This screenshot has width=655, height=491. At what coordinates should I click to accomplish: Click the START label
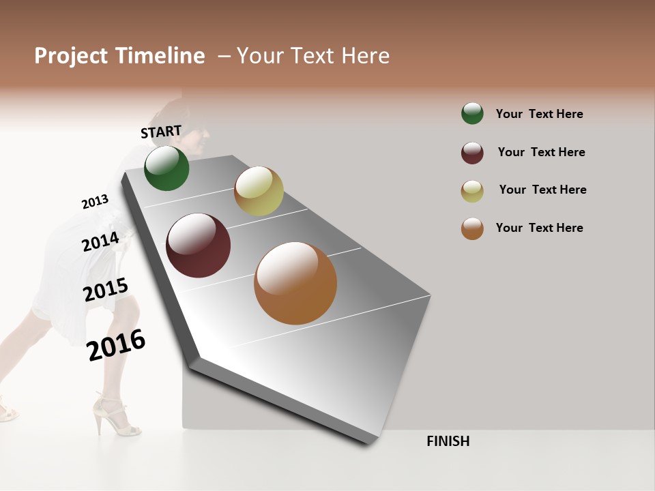(161, 132)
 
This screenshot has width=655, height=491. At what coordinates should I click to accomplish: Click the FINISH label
(448, 441)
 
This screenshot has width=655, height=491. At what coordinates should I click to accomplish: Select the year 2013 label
(95, 202)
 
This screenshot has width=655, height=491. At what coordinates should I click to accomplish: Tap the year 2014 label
(100, 241)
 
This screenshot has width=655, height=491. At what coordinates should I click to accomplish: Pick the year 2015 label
(106, 290)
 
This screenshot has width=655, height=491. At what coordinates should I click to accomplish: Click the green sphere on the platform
(166, 168)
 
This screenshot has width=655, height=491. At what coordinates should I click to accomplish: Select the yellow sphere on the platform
(259, 191)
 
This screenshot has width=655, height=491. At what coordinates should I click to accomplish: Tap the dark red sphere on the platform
(198, 245)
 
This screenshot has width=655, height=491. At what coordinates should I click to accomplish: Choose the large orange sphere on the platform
(295, 283)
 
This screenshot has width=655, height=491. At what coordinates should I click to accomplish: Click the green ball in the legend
(472, 113)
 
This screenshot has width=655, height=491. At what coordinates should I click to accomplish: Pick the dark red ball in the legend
(472, 153)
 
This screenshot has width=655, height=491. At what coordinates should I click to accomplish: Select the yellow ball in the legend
(472, 191)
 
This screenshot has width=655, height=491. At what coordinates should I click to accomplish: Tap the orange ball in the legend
(472, 228)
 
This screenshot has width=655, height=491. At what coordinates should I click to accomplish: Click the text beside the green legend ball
(539, 114)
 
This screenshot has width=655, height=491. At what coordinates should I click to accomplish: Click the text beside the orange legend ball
(539, 228)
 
